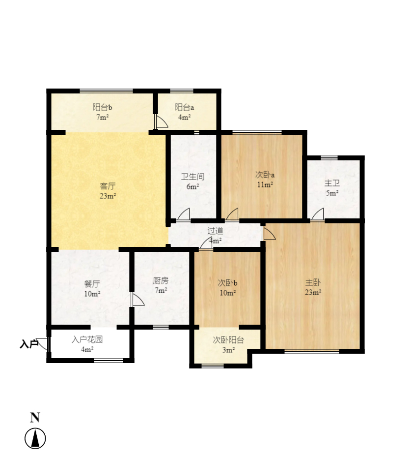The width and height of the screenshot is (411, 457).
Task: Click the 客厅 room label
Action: [108, 186]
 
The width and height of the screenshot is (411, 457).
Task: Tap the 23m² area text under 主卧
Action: [313, 292]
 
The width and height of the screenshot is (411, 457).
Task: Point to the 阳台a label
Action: [184, 107]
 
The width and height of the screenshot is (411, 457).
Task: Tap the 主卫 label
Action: [332, 183]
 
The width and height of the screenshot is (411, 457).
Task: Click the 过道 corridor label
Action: [215, 231]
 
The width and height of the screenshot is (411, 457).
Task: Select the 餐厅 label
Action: [92, 283]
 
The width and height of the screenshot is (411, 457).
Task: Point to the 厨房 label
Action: [161, 280]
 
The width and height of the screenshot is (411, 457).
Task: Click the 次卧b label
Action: [228, 283]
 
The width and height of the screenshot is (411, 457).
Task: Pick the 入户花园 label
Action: [87, 339]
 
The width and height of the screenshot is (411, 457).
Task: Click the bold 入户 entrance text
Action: [29, 344]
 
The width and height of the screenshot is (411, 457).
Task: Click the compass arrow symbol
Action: [35, 438]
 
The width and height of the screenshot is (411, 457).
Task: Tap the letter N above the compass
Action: [35, 418]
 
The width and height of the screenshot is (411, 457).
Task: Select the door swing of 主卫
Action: [318, 214]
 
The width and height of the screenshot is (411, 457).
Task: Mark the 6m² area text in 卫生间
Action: [192, 186]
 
